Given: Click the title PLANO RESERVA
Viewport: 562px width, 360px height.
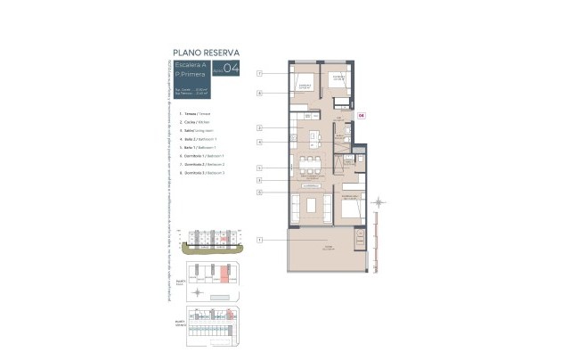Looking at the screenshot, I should (206, 53).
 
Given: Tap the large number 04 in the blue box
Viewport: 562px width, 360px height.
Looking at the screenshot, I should (231, 69).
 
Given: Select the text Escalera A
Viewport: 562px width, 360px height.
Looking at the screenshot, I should (191, 66).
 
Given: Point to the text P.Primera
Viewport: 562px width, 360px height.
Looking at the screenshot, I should (190, 75).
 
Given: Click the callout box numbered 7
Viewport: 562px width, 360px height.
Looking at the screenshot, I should (259, 73).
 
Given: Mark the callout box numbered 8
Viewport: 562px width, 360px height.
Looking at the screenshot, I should (259, 92).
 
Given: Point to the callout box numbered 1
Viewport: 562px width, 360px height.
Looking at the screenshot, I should (259, 240).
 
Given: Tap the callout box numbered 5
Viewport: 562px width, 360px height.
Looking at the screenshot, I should (259, 168).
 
